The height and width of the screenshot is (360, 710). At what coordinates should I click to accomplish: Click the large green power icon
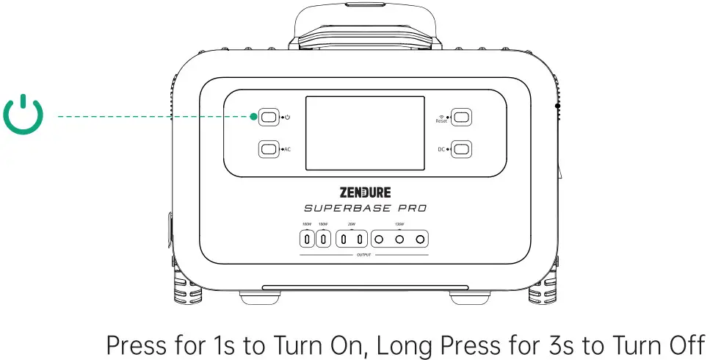(23, 115)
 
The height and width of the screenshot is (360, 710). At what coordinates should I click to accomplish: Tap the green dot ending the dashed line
(253, 116)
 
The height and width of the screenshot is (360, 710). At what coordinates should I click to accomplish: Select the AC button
(269, 149)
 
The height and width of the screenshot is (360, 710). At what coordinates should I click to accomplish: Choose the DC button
(461, 149)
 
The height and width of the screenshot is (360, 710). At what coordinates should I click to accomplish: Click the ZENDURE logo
(365, 192)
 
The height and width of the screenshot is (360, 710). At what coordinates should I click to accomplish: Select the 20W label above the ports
(352, 225)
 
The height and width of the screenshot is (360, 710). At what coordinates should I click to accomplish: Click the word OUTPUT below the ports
(364, 255)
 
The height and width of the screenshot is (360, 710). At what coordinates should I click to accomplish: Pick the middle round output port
(399, 240)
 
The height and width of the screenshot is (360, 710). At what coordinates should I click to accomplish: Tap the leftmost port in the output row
(306, 240)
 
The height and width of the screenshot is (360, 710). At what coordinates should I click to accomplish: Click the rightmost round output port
(419, 240)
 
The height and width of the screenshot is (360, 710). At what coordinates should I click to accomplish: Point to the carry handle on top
(364, 22)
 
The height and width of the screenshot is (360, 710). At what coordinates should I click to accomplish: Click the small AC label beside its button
(287, 149)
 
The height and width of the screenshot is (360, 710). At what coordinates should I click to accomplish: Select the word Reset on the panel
(441, 121)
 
